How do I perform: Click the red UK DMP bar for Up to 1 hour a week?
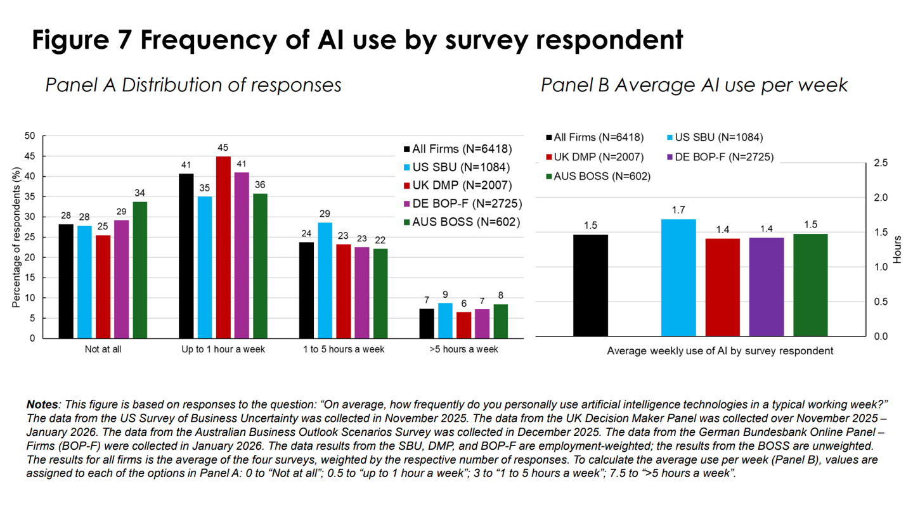[x=223, y=247]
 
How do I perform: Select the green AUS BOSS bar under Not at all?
[x=139, y=270]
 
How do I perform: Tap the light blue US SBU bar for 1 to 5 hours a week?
[x=324, y=280]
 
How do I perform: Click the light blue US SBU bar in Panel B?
[x=678, y=278]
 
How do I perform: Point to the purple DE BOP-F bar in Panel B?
[x=766, y=286]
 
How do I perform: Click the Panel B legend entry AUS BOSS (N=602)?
[x=597, y=176]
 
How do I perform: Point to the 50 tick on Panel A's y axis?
[x=30, y=136]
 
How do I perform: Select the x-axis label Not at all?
[x=103, y=349]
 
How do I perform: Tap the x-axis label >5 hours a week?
[x=463, y=349]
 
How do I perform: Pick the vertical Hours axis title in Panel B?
[x=898, y=250]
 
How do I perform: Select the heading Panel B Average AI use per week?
[x=694, y=85]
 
